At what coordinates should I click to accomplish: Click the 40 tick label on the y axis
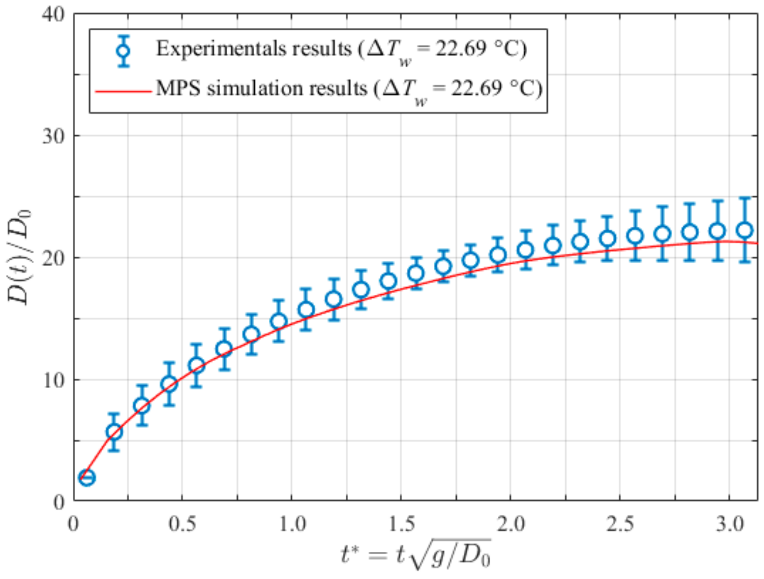[x=53, y=16]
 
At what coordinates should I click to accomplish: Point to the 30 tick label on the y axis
[x=53, y=137]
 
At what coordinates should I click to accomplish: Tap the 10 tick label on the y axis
[x=53, y=381]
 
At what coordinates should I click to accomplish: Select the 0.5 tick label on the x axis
[x=182, y=524]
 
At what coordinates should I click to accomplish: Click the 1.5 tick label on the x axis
[x=401, y=524]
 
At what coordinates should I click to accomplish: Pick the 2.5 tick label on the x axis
[x=620, y=524]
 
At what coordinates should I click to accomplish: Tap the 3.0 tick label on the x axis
[x=730, y=524]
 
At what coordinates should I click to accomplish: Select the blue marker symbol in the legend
[x=124, y=51]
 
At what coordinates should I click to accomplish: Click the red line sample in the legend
[x=124, y=91]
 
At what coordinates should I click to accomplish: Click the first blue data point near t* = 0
[x=87, y=478]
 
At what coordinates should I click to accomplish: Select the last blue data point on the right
[x=745, y=230]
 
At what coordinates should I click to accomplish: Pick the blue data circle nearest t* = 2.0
[x=498, y=255]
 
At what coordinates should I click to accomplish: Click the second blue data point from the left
[x=114, y=432]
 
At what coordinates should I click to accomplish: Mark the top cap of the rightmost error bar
[x=745, y=198]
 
